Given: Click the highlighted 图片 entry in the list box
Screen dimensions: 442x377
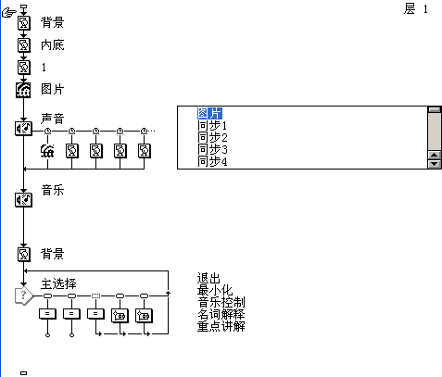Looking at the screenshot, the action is [209, 113].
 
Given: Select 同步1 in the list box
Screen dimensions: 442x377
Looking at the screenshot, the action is [212, 126].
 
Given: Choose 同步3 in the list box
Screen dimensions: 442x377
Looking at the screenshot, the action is [212, 149].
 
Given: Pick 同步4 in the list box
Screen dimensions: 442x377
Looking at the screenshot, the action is [212, 161].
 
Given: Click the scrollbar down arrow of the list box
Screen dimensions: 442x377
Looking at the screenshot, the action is [435, 164].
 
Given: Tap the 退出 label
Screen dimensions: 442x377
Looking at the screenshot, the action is [208, 278].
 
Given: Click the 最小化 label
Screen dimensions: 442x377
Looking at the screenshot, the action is [215, 290].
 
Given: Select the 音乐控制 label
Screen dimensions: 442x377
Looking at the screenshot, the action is [221, 302].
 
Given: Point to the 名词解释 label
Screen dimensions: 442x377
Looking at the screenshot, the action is [221, 314].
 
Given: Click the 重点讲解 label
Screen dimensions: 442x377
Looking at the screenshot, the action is [221, 326].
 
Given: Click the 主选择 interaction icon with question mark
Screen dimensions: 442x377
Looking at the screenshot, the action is [24, 296].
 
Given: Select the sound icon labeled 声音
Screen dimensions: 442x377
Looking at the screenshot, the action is [23, 129].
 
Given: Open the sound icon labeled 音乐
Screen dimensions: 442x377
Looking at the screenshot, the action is [23, 200].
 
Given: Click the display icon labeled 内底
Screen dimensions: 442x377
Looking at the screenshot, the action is [24, 45].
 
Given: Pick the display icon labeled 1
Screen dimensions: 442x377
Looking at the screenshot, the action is [24, 68].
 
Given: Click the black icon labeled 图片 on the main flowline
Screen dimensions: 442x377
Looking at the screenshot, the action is [23, 90].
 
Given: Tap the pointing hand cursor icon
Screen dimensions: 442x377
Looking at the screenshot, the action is [9, 13].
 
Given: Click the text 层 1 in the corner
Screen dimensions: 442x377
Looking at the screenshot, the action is [416, 8].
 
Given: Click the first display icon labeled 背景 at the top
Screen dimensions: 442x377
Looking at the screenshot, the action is [24, 23].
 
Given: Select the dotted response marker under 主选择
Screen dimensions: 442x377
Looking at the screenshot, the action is [95, 296].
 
